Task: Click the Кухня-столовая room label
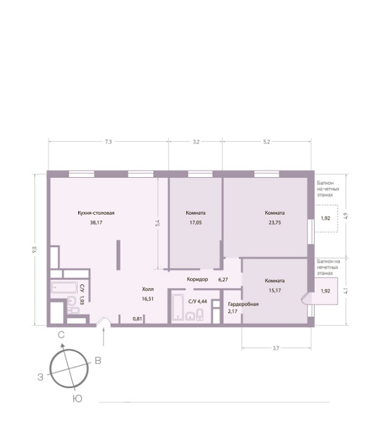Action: [x=96, y=213]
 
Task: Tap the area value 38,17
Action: [x=96, y=223]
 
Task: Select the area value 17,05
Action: [x=195, y=223]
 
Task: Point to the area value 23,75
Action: [x=275, y=223]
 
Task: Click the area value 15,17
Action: [x=275, y=291]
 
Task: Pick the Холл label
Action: [x=147, y=289]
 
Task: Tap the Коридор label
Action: [x=197, y=280]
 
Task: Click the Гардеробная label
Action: [x=243, y=305]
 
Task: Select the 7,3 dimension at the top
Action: [x=108, y=142]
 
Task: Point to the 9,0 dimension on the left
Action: [x=35, y=249]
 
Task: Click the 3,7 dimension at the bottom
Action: [x=275, y=348]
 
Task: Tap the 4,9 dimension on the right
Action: [x=346, y=216]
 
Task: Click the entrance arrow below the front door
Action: [x=104, y=337]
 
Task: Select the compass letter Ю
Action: [x=78, y=399]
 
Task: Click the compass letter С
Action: [x=61, y=335]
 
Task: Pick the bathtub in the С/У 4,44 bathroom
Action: [x=178, y=307]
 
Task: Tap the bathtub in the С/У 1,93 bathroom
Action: [x=64, y=288]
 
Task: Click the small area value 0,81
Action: [x=137, y=319]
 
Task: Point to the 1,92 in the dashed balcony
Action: [x=326, y=218]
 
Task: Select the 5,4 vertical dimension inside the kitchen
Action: [x=158, y=223]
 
